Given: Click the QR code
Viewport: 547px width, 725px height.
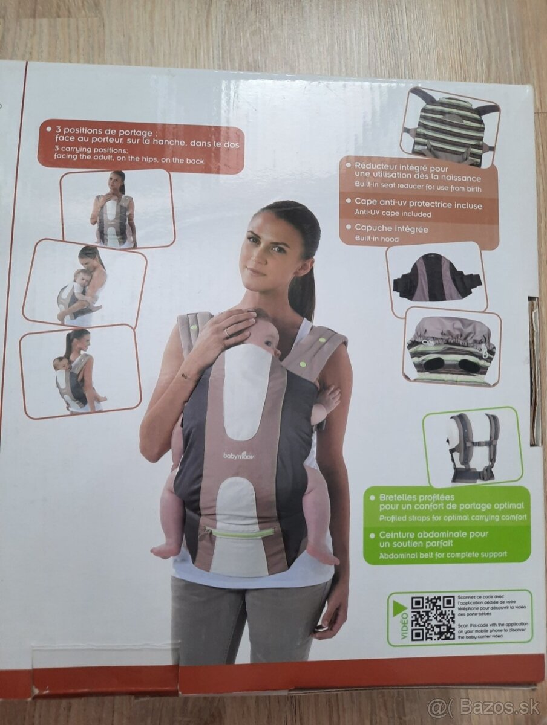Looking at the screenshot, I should [433, 618].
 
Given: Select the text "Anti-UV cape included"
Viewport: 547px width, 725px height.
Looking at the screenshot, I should [393, 214].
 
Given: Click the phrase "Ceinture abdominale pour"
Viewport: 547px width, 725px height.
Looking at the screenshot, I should [433, 535].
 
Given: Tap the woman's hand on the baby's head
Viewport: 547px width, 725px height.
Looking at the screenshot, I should [230, 329].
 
